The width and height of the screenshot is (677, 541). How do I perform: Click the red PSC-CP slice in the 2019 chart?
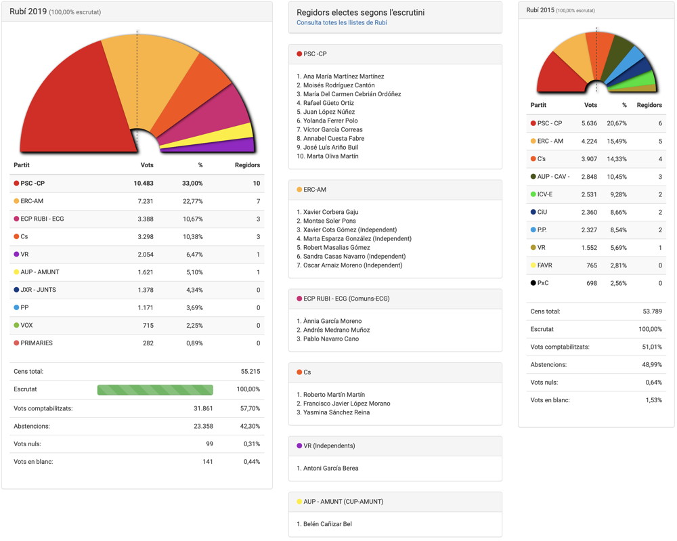(x=74, y=102)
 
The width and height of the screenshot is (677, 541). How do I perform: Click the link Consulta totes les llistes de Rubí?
(x=341, y=22)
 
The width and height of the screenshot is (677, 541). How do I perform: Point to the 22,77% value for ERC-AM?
(x=192, y=201)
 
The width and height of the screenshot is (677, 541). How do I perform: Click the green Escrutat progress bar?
(x=155, y=389)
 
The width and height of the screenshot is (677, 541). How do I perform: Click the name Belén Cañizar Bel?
(x=328, y=524)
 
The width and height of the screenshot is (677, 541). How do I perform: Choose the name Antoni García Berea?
(x=331, y=469)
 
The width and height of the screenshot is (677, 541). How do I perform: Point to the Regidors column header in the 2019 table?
(x=247, y=165)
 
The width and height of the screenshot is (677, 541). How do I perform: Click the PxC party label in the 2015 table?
(x=543, y=283)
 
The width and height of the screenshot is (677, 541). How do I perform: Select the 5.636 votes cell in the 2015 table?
(x=589, y=123)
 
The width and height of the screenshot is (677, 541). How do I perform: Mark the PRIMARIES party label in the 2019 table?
(x=37, y=343)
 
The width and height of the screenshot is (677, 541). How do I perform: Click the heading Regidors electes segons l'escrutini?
(x=361, y=12)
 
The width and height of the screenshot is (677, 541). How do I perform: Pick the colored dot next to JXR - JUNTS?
(x=16, y=290)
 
